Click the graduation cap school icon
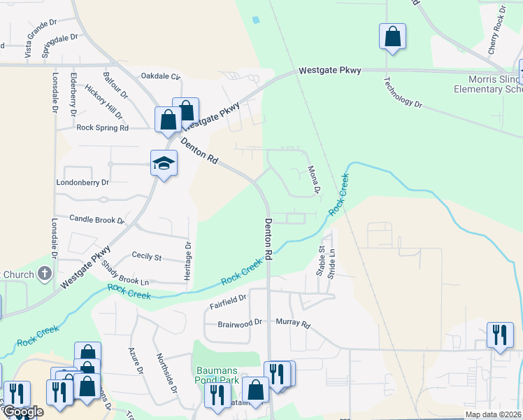[164, 164]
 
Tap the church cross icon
[45, 274]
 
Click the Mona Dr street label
[313, 180]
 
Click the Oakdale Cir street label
[161, 76]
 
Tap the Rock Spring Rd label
[103, 128]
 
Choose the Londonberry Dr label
[83, 182]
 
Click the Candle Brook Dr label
[96, 220]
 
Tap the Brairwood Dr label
[239, 323]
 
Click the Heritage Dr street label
[187, 261]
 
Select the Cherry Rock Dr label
[497, 30]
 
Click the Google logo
[23, 412]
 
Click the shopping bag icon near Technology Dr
[392, 36]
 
